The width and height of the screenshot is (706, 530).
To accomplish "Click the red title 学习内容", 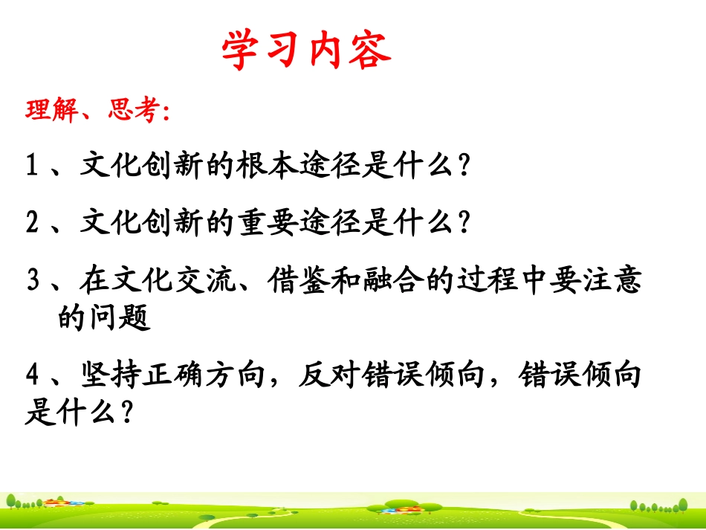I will [305, 51].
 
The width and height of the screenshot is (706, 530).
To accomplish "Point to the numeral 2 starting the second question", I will [32, 222].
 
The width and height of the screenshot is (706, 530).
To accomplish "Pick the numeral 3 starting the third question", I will [33, 282].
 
